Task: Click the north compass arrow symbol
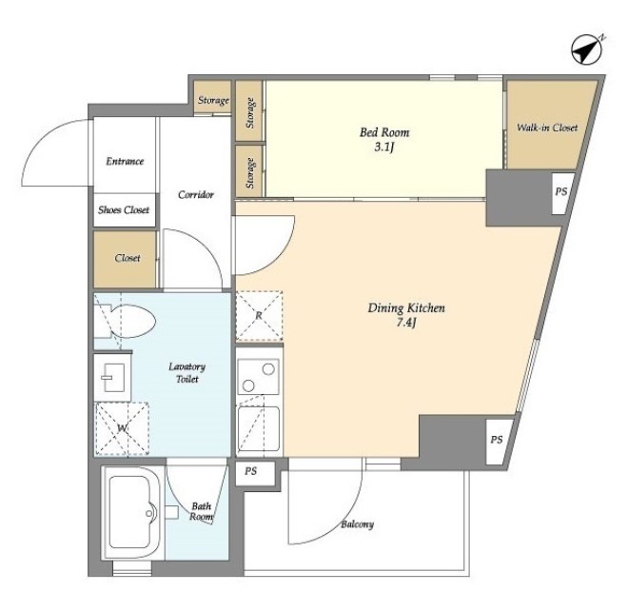[587, 50]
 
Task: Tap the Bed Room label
[384, 132]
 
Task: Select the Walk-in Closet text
[547, 128]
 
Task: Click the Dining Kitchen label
[406, 308]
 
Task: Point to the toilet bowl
[125, 321]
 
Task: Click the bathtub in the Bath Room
[131, 512]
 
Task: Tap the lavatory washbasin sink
[112, 377]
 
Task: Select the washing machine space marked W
[122, 429]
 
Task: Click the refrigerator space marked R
[259, 316]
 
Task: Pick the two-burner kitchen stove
[258, 377]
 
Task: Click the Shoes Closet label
[124, 210]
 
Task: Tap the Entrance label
[125, 162]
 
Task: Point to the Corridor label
[196, 195]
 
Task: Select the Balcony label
[357, 524]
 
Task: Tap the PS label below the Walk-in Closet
[561, 191]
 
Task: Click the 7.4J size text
[406, 323]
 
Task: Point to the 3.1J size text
[384, 147]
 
